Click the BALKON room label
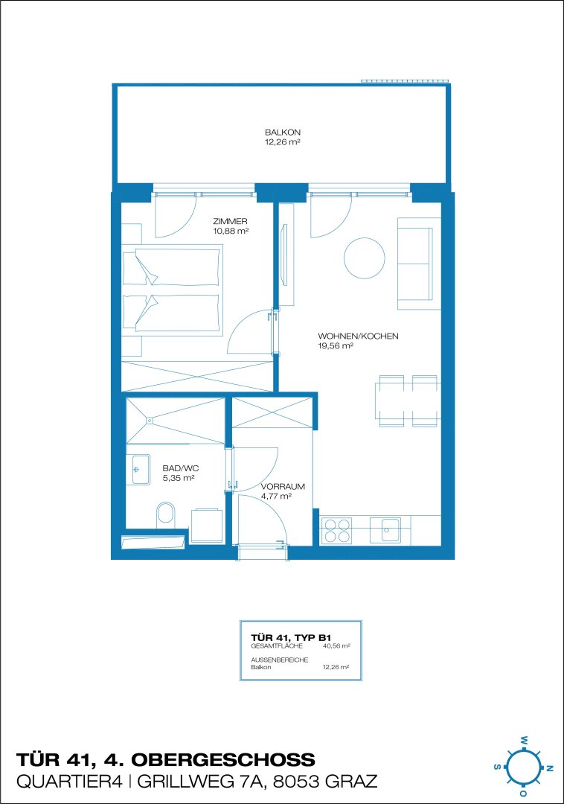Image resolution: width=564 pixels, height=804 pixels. point(282,133)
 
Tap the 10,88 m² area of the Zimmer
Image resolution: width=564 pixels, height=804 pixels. point(231,232)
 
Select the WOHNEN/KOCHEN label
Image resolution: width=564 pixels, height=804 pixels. point(358,336)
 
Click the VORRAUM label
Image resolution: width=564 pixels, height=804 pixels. point(283,487)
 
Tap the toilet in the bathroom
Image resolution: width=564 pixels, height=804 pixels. point(165,514)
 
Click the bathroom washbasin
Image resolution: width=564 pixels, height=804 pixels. point(141,469)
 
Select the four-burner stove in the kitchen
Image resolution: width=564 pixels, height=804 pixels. point(336,530)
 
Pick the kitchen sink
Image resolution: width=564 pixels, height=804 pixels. point(385,530)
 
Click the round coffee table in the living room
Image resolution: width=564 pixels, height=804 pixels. point(364,258)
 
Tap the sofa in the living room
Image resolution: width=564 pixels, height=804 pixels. point(418,264)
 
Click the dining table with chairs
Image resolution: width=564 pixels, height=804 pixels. point(408,401)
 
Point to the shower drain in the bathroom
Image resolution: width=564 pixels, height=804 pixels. point(150,421)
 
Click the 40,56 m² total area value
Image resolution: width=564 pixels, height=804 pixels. point(336,646)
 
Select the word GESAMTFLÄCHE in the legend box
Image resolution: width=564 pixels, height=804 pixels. point(277,646)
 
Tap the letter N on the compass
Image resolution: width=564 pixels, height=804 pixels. point(550,768)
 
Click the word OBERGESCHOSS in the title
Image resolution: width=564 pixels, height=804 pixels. point(222,759)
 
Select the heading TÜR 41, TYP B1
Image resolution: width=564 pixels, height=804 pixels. point(291,638)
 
